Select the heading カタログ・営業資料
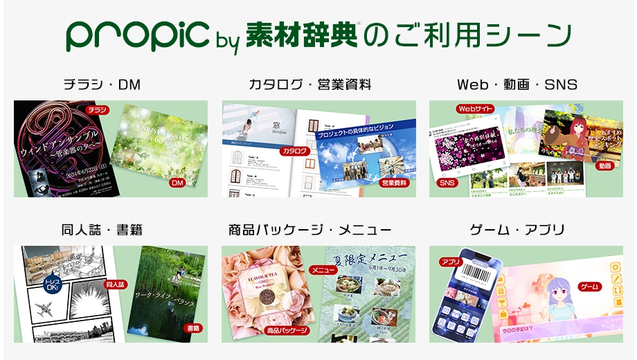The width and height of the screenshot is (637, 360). (x=310, y=85)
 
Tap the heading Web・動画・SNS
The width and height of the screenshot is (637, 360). (x=517, y=85)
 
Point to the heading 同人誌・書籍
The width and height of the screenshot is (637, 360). (x=102, y=230)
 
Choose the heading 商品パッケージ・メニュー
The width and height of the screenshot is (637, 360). (x=310, y=230)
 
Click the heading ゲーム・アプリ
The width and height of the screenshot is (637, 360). (x=517, y=230)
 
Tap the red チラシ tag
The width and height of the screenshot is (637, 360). (x=98, y=109)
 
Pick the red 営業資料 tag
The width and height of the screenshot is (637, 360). (x=393, y=183)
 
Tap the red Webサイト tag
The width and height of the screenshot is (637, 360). (x=474, y=109)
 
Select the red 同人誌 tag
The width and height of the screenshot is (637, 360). (x=115, y=284)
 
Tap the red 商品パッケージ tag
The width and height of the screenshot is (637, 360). (x=287, y=330)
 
